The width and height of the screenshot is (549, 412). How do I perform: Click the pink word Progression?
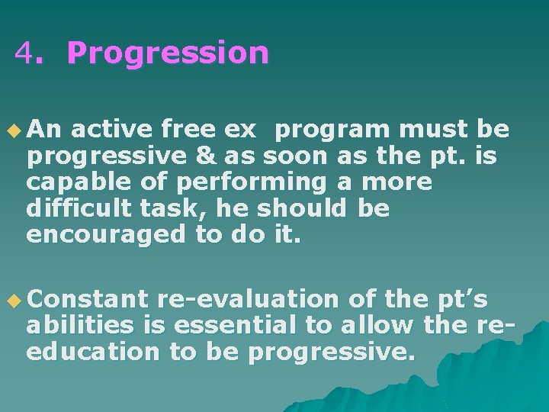coord(168,53)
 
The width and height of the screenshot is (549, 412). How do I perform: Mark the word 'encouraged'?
coord(105,235)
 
